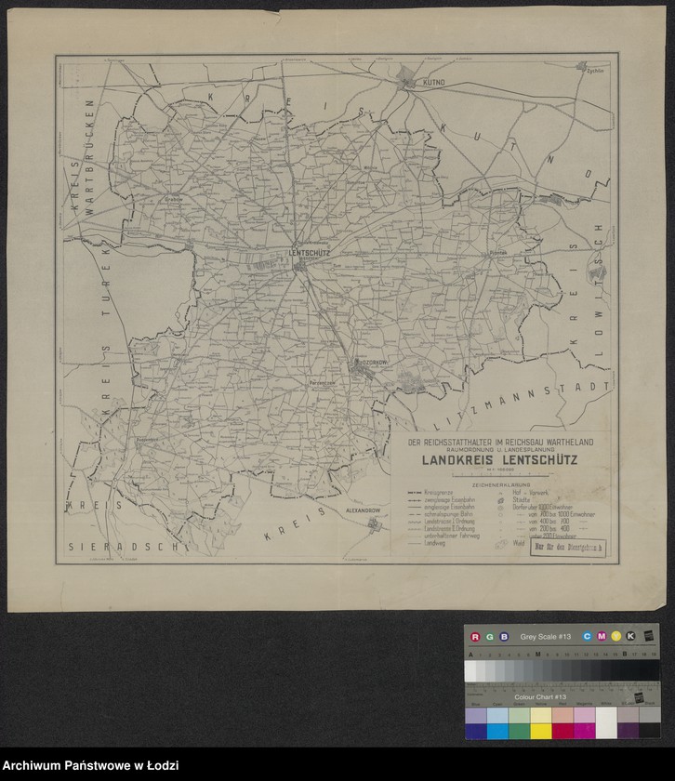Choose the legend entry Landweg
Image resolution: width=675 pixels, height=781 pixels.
click(x=434, y=543)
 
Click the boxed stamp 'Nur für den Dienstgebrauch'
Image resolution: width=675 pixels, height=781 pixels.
click(x=567, y=548)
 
